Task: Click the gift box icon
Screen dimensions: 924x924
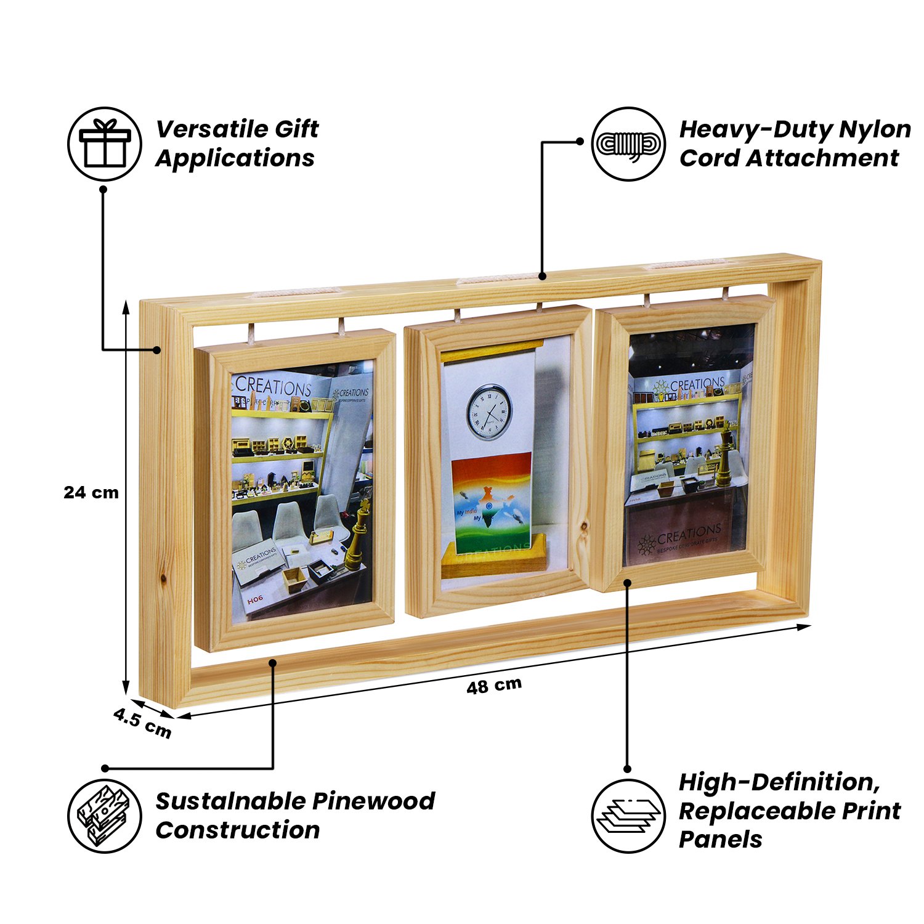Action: pyautogui.click(x=105, y=144)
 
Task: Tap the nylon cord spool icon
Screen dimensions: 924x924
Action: pyautogui.click(x=628, y=144)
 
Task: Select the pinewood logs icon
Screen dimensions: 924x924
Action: pyautogui.click(x=105, y=816)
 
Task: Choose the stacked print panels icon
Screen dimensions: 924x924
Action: pyautogui.click(x=628, y=816)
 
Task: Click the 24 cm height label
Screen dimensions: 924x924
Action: pyautogui.click(x=91, y=493)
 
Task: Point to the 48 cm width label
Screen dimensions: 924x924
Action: pyautogui.click(x=494, y=686)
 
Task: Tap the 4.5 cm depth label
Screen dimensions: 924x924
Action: pyautogui.click(x=142, y=723)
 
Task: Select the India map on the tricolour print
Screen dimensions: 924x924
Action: pyautogui.click(x=488, y=508)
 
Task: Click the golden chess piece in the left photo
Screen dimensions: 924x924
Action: pyautogui.click(x=359, y=536)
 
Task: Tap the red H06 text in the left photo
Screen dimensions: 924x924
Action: pyautogui.click(x=255, y=599)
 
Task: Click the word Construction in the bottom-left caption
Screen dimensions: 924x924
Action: pyautogui.click(x=238, y=830)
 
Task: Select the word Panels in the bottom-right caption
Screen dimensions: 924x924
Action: pyautogui.click(x=720, y=839)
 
